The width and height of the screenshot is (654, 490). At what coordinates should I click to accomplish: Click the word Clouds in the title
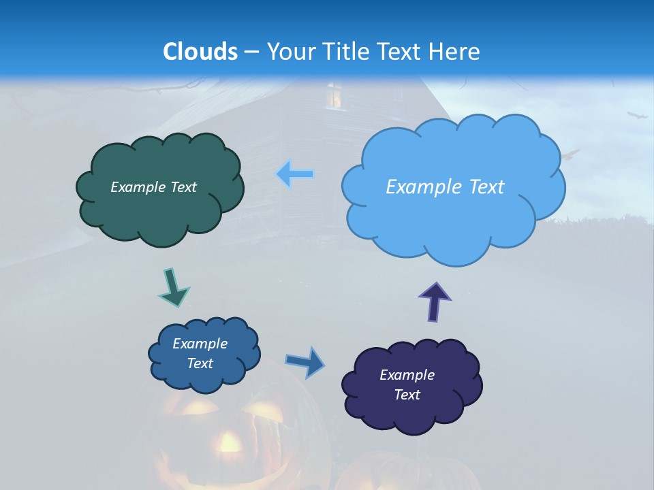[200, 52]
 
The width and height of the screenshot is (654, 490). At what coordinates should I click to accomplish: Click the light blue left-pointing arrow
[296, 174]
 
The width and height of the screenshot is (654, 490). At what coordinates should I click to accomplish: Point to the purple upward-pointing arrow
[435, 301]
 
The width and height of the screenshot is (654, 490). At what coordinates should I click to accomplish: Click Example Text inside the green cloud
[153, 187]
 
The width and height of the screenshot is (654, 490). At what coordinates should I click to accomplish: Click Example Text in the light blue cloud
[445, 187]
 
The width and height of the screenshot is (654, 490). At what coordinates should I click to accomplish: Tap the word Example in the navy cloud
[407, 375]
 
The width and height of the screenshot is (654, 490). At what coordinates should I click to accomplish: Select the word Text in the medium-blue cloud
[200, 363]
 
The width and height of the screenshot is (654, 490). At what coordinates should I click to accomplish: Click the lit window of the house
[334, 97]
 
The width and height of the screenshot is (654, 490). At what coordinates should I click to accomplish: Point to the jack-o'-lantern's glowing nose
[230, 443]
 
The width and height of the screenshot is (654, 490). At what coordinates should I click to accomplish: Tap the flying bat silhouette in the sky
[638, 116]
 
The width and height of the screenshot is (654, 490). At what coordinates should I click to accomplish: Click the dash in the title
[251, 52]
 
